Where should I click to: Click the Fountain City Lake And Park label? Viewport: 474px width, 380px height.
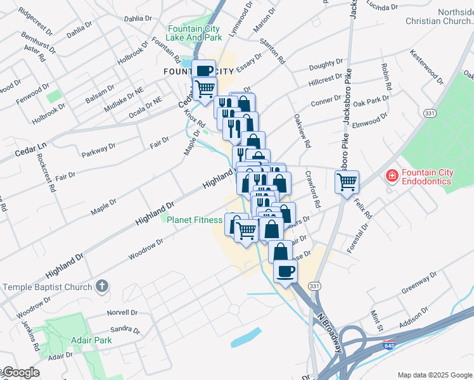[195, 33]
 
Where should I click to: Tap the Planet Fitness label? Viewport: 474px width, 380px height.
[194, 220]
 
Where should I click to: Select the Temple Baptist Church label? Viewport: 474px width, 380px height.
[48, 287]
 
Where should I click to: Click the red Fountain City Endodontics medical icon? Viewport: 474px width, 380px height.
[392, 175]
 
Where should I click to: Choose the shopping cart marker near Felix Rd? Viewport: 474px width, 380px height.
[347, 182]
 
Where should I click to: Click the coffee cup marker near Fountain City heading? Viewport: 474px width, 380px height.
[204, 71]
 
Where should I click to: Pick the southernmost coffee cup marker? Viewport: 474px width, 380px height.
[285, 271]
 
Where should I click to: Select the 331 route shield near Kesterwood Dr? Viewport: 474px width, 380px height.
[430, 113]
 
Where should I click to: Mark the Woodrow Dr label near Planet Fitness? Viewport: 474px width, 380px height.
[146, 248]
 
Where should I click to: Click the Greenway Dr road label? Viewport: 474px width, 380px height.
[420, 284]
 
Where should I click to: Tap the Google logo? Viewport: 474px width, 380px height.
[21, 372]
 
